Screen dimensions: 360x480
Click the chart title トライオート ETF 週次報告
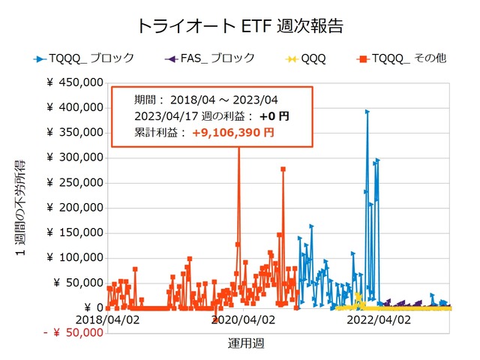pyautogui.click(x=240, y=25)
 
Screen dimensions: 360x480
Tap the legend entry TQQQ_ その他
pyautogui.click(x=405, y=58)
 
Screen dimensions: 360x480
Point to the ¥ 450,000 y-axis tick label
pyautogui.click(x=75, y=83)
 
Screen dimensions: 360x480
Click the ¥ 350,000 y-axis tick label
pyautogui.click(x=75, y=133)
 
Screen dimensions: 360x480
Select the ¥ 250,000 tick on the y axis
pyautogui.click(x=75, y=183)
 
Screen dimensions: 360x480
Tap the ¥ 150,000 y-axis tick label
pyautogui.click(x=75, y=232)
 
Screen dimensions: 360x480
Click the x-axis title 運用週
pyautogui.click(x=245, y=343)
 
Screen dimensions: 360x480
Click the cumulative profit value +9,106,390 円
pyautogui.click(x=232, y=132)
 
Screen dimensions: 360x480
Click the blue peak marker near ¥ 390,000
pyautogui.click(x=367, y=112)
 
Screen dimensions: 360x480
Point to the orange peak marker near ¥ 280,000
pyautogui.click(x=283, y=169)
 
